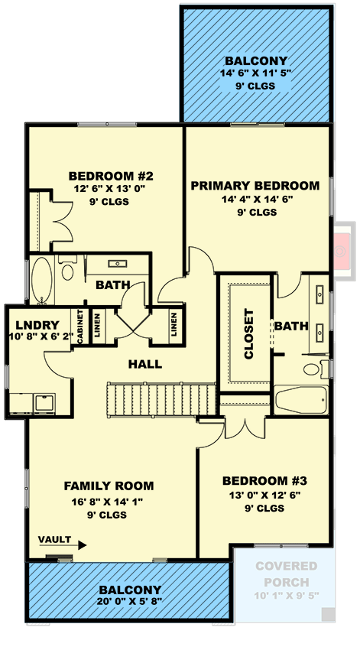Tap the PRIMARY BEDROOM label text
tap(255, 186)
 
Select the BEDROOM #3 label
tap(264, 481)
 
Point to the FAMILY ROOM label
tap(109, 486)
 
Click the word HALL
tap(145, 364)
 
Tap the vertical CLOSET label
tap(248, 333)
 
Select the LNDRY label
tap(26, 322)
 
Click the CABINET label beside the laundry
tap(79, 327)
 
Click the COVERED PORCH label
tap(286, 573)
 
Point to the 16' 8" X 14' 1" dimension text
tap(109, 502)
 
